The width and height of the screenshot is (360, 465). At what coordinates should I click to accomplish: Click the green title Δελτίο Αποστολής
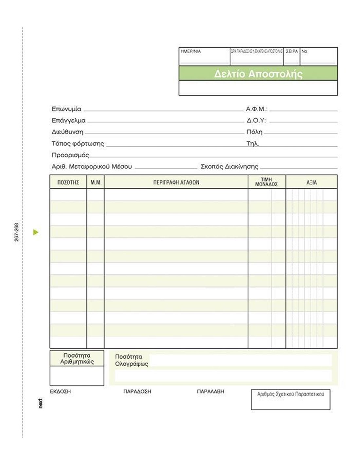(258, 74)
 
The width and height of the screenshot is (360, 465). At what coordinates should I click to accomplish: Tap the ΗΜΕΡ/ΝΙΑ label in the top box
(191, 51)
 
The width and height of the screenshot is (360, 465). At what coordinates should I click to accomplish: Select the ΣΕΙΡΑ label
(292, 51)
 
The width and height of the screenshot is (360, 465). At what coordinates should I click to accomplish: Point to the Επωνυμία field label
(66, 109)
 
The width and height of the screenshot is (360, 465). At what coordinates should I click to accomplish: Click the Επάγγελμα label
(69, 120)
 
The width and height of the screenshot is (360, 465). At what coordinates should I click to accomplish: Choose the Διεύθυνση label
(67, 132)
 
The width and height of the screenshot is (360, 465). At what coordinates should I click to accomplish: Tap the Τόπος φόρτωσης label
(78, 144)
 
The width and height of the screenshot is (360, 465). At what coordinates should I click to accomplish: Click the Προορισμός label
(70, 155)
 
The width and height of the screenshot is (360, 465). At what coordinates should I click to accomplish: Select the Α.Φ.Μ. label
(257, 109)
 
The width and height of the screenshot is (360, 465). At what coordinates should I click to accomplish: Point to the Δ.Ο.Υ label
(256, 120)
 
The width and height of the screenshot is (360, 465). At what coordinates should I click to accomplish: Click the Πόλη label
(254, 132)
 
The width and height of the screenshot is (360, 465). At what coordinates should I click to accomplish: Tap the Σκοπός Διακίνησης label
(229, 167)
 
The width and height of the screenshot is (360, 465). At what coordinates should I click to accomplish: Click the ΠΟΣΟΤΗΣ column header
(68, 182)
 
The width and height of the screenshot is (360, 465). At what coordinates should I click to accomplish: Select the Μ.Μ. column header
(96, 182)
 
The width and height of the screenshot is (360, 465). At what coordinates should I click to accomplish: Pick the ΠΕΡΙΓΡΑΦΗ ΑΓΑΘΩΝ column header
(176, 182)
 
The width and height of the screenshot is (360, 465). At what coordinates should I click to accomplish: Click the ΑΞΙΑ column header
(311, 182)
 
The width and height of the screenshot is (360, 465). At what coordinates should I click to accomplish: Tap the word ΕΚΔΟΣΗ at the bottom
(60, 391)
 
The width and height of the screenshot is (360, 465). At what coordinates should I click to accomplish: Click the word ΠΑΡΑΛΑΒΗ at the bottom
(210, 391)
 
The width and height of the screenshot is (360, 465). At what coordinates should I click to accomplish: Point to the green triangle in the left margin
(36, 232)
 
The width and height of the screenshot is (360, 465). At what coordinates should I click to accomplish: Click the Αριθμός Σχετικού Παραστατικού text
(291, 394)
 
